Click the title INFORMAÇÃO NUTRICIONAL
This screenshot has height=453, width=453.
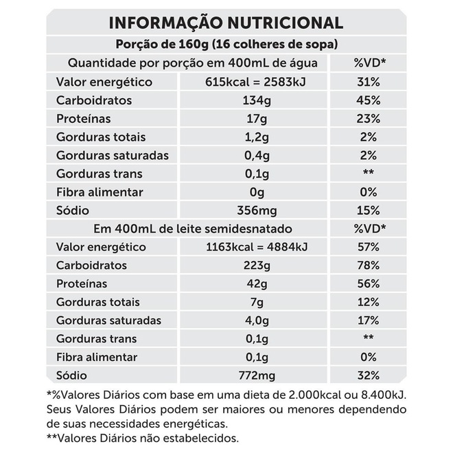tap(226, 22)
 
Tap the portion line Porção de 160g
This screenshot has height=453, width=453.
tap(226, 45)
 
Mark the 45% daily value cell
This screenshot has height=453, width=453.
tap(368, 101)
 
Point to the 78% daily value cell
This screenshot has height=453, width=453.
tap(368, 266)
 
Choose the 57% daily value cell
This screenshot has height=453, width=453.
tap(368, 247)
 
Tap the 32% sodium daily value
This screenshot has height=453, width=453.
tap(368, 375)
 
